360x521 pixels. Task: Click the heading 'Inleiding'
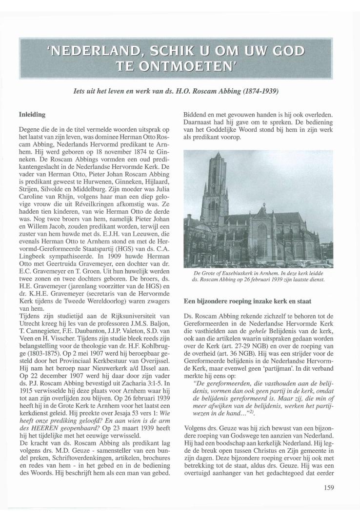point(32,115)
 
